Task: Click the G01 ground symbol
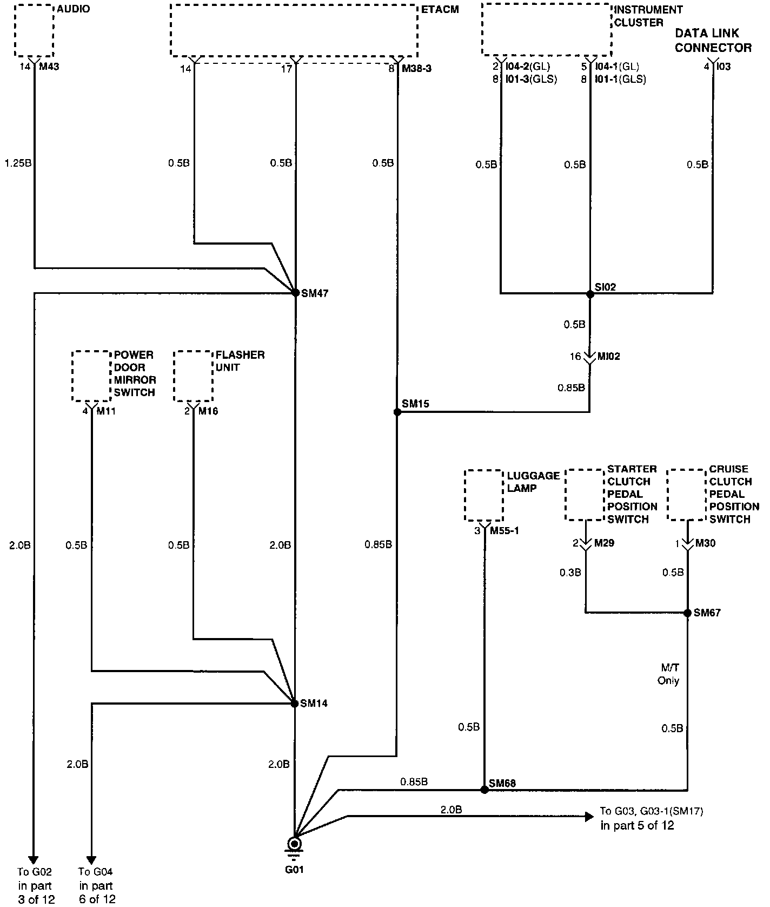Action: tap(295, 844)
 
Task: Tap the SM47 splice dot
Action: tap(296, 293)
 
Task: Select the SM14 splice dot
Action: tap(295, 704)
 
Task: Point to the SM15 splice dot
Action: tap(397, 412)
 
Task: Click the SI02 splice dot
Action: tap(590, 294)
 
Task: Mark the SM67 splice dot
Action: tap(687, 613)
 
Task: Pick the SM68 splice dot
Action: tap(484, 790)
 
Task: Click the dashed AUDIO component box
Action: tap(34, 31)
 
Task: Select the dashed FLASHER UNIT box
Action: tap(193, 376)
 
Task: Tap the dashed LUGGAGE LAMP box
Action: tap(484, 496)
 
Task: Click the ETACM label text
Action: tap(440, 10)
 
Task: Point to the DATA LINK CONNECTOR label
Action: tap(713, 41)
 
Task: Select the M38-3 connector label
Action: tap(416, 69)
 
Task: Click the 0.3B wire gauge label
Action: tap(570, 572)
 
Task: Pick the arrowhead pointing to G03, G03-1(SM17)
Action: tap(589, 817)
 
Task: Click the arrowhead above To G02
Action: tap(34, 860)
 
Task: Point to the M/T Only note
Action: tap(668, 674)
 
